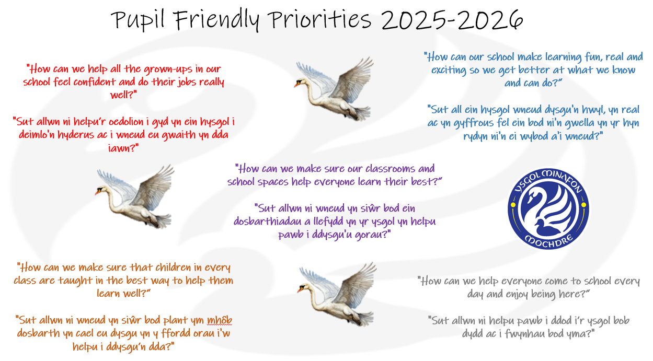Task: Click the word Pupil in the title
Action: click(x=138, y=20)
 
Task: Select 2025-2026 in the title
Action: click(x=452, y=19)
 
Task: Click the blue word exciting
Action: click(x=449, y=70)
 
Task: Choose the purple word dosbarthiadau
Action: click(x=267, y=222)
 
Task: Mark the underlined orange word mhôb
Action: click(x=220, y=320)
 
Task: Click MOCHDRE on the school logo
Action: click(x=548, y=241)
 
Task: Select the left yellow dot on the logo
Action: click(x=513, y=205)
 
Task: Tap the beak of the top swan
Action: click(x=297, y=85)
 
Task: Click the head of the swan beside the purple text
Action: click(x=100, y=190)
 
